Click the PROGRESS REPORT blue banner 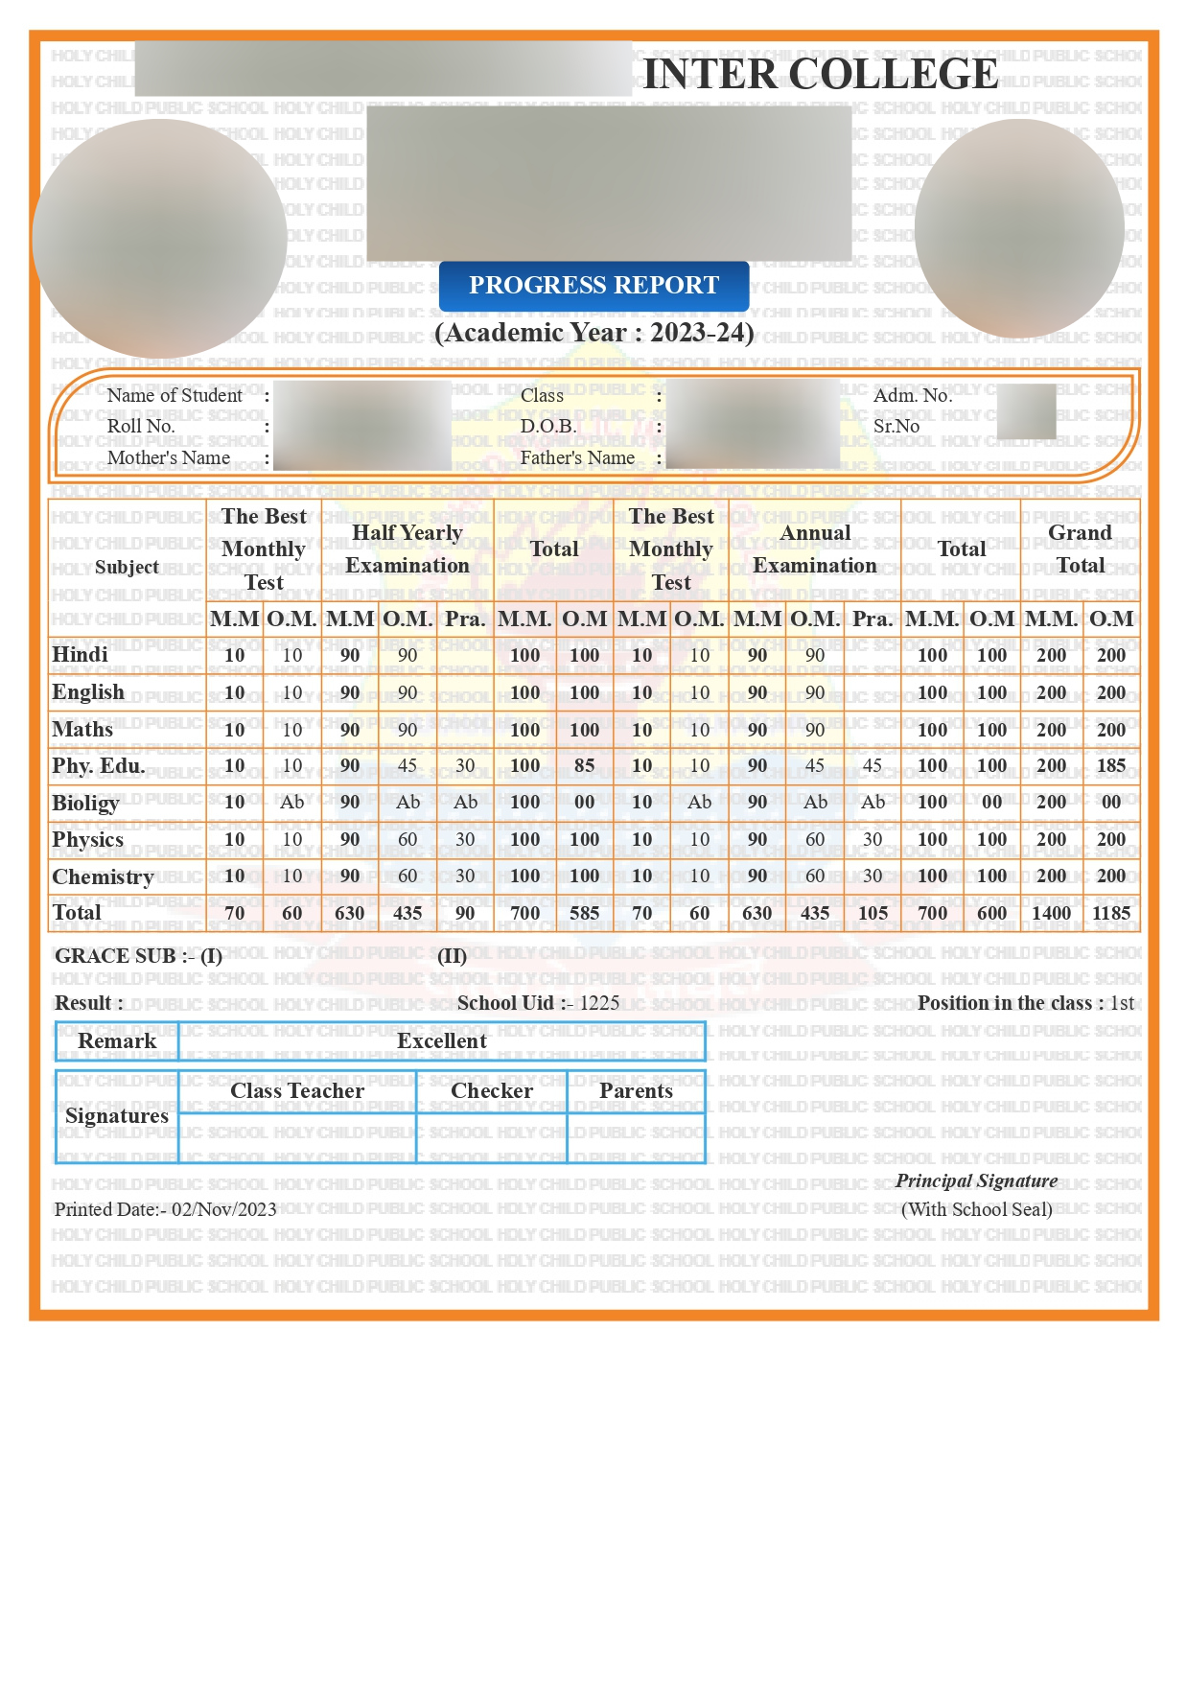click(x=593, y=286)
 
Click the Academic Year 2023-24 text click(x=593, y=333)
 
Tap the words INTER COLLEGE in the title click(x=820, y=74)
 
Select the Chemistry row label click(x=103, y=876)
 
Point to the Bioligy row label click(x=85, y=803)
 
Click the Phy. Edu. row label click(x=98, y=766)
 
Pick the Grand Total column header click(x=1080, y=549)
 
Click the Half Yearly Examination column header click(x=407, y=549)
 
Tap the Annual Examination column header click(x=815, y=549)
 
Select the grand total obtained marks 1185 click(x=1111, y=913)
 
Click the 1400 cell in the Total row click(x=1051, y=913)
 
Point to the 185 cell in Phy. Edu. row click(x=1111, y=766)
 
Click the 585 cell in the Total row click(x=584, y=913)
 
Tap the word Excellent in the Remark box click(x=442, y=1041)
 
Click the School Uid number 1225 click(x=599, y=1003)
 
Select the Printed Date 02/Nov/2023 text click(x=224, y=1209)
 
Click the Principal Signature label click(x=976, y=1180)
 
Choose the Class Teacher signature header click(x=297, y=1091)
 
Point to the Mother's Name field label click(x=169, y=457)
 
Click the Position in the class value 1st click(x=1122, y=1003)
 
